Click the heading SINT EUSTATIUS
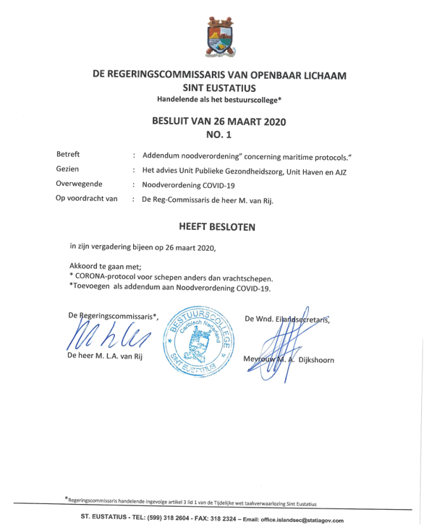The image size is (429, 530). pos(218,87)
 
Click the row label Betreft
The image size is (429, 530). pos(68,155)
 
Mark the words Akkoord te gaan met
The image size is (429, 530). pos(106,265)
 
